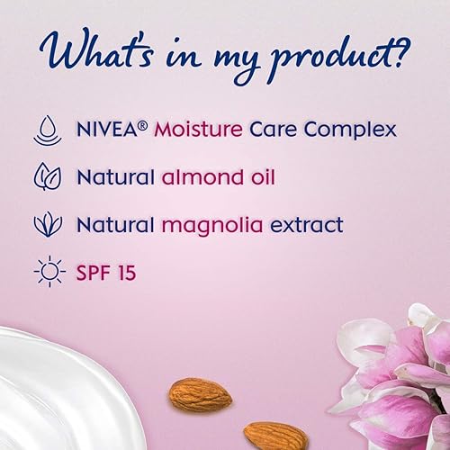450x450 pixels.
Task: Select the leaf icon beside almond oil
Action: click(x=44, y=174)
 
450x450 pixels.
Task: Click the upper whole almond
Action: click(x=199, y=393)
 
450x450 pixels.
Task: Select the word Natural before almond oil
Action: click(x=112, y=174)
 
